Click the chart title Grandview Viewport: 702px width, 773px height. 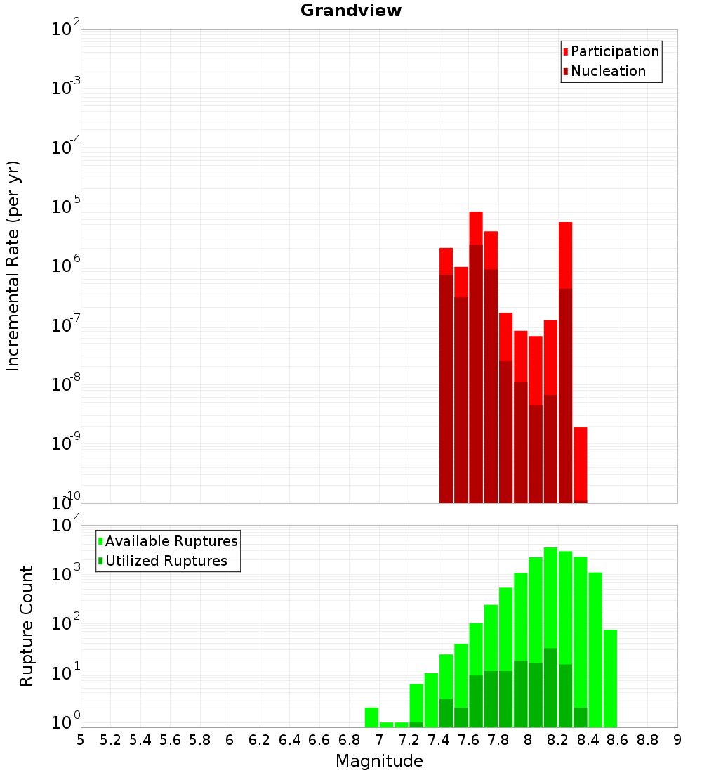click(x=351, y=11)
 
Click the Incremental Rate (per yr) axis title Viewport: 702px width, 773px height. click(x=13, y=266)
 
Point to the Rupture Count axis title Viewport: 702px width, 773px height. click(x=27, y=626)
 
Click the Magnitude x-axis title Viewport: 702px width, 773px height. click(x=379, y=761)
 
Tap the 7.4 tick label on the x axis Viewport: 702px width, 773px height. click(x=439, y=740)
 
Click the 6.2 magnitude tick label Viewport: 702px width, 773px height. click(x=260, y=740)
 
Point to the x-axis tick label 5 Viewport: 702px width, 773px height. click(x=81, y=740)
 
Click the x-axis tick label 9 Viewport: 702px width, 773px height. click(x=677, y=740)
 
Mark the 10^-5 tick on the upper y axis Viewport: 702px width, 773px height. click(x=66, y=207)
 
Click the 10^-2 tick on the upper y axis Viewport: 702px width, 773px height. click(x=66, y=30)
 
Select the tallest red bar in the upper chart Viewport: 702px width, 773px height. click(x=476, y=351)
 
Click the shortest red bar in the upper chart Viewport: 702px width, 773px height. click(x=580, y=464)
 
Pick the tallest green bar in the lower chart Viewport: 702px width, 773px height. click(x=550, y=632)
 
